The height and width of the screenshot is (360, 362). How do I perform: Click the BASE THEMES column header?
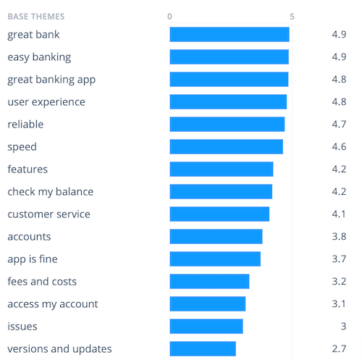[35, 16]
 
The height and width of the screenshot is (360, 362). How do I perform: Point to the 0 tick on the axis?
[169, 16]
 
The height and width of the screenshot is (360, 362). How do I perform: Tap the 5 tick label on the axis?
[292, 16]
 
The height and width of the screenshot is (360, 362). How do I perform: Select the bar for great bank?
[230, 35]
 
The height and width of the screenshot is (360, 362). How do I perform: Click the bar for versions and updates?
[203, 349]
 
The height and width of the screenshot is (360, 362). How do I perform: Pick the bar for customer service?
[219, 214]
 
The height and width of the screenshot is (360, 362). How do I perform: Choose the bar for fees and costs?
[209, 282]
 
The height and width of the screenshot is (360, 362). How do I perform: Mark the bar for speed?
[226, 147]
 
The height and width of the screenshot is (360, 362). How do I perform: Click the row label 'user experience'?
[46, 102]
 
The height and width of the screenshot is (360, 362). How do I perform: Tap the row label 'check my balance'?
[50, 192]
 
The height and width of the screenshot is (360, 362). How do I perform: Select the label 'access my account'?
[53, 304]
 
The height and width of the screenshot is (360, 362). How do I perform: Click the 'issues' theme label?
[22, 327]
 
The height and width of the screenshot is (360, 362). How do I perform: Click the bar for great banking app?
[229, 80]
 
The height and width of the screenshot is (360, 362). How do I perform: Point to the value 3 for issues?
[343, 327]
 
